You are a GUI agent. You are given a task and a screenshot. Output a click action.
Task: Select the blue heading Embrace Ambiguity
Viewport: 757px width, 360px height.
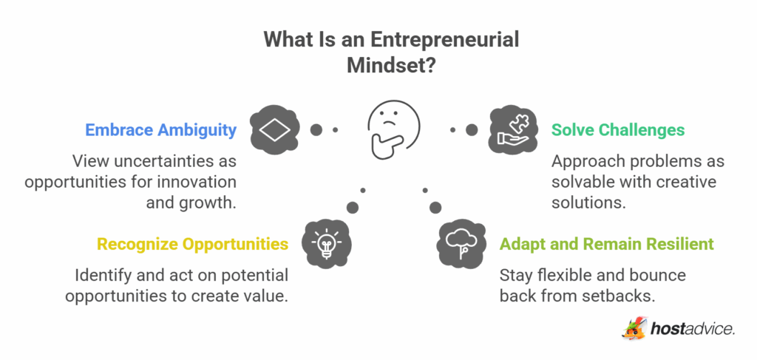161,130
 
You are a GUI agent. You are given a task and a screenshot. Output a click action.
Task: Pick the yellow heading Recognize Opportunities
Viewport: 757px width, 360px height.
192,243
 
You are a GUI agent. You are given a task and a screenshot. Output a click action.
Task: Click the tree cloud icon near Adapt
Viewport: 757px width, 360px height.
463,242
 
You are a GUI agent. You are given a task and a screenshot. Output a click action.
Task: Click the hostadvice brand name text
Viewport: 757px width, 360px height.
693,329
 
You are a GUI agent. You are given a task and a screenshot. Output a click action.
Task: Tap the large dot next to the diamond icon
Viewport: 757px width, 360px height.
316,130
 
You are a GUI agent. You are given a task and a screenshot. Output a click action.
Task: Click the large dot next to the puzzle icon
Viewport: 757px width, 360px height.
471,130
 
